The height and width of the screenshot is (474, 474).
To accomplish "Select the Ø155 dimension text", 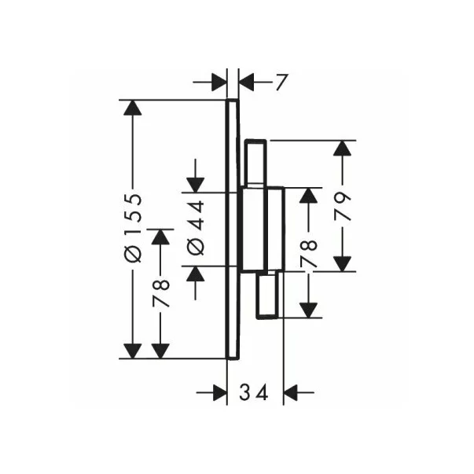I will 134,228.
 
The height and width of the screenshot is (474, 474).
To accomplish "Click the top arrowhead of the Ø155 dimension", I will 134,109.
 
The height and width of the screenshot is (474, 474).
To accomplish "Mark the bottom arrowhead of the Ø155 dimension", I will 134,349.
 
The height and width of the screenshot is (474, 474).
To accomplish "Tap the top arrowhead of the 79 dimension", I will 343,149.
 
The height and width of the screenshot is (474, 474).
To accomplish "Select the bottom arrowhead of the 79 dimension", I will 343,263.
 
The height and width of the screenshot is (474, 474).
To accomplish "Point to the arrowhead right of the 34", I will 292,391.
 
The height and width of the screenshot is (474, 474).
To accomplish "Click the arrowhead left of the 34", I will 219,391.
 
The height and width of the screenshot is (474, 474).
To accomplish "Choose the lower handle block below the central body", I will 266,295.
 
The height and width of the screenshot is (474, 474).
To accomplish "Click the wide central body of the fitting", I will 260,229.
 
